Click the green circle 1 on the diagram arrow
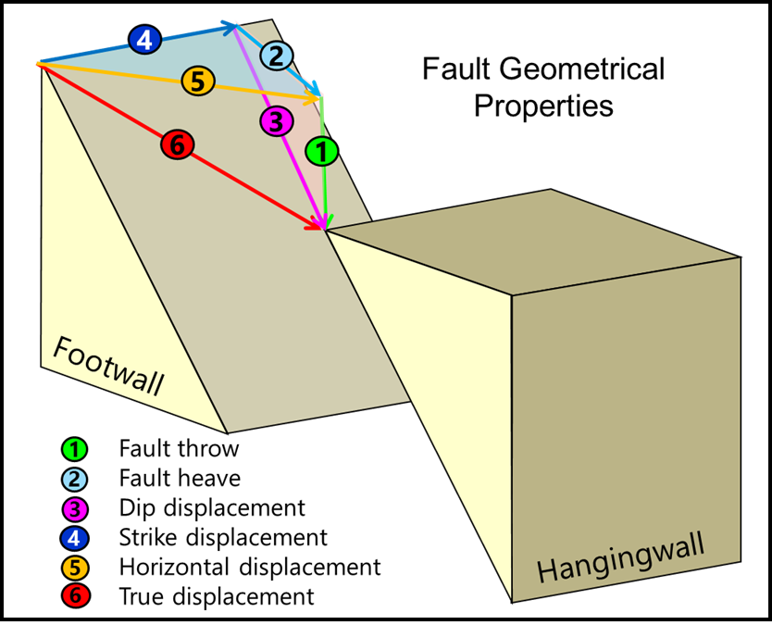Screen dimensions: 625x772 (321, 151)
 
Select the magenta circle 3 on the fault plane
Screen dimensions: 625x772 (275, 119)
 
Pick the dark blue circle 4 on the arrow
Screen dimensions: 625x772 (144, 40)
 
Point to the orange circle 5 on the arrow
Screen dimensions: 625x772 (198, 81)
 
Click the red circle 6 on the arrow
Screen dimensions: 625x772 (176, 145)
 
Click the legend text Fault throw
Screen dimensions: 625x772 (179, 449)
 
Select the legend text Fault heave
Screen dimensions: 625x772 (180, 479)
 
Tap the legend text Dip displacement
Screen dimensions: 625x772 (212, 507)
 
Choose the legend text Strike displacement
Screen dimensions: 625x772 (223, 537)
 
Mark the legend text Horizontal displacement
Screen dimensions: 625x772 (250, 566)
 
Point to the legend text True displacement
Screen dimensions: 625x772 (217, 595)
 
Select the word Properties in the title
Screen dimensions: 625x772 (543, 105)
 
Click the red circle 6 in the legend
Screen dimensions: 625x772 (76, 595)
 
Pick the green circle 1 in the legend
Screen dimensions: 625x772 (76, 450)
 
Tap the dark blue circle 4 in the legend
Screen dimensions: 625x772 (76, 537)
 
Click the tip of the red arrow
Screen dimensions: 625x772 (324, 227)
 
